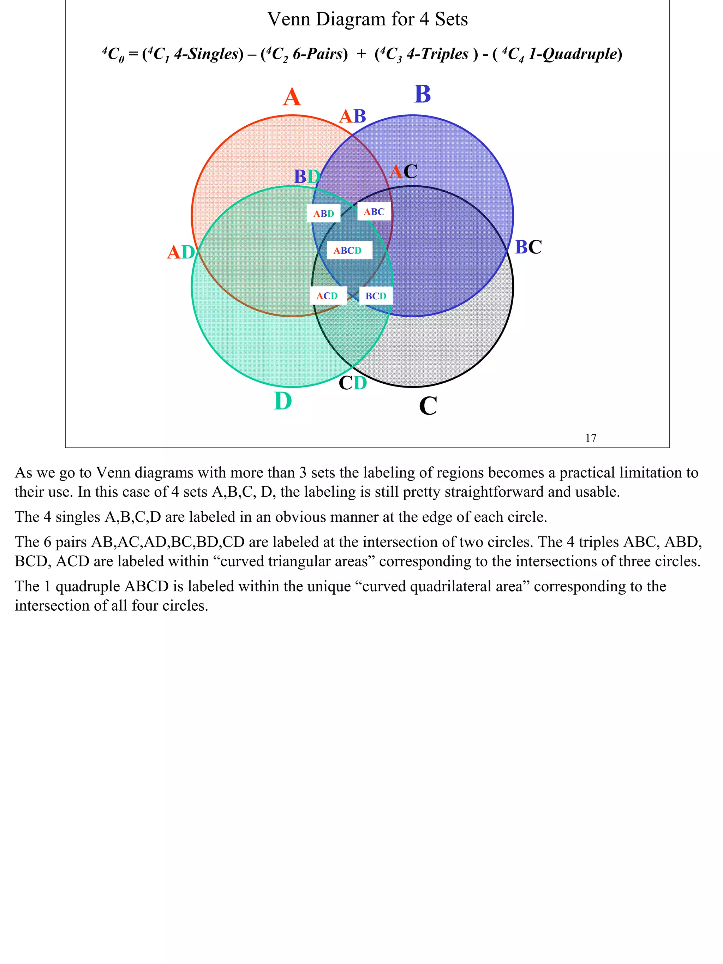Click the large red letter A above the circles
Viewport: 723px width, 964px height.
pyautogui.click(x=292, y=97)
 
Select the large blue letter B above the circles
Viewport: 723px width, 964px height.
pyautogui.click(x=422, y=94)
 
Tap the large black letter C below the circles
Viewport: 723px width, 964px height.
pyautogui.click(x=428, y=406)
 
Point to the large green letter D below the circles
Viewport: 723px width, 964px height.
pyautogui.click(x=282, y=401)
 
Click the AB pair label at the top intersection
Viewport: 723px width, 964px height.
pyautogui.click(x=352, y=117)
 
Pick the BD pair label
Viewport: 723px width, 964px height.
pyautogui.click(x=307, y=177)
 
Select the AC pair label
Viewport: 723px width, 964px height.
pyautogui.click(x=403, y=172)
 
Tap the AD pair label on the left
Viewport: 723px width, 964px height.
pyautogui.click(x=181, y=252)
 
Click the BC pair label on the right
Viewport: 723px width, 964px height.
pyautogui.click(x=528, y=247)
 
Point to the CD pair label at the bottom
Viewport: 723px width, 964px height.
pyautogui.click(x=353, y=383)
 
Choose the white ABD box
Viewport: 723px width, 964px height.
pyautogui.click(x=324, y=214)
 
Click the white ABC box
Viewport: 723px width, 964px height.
pyautogui.click(x=374, y=212)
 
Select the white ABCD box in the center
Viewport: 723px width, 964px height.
pyautogui.click(x=349, y=251)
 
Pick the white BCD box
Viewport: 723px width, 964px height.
pyautogui.click(x=376, y=296)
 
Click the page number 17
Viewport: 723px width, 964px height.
pyautogui.click(x=591, y=438)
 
